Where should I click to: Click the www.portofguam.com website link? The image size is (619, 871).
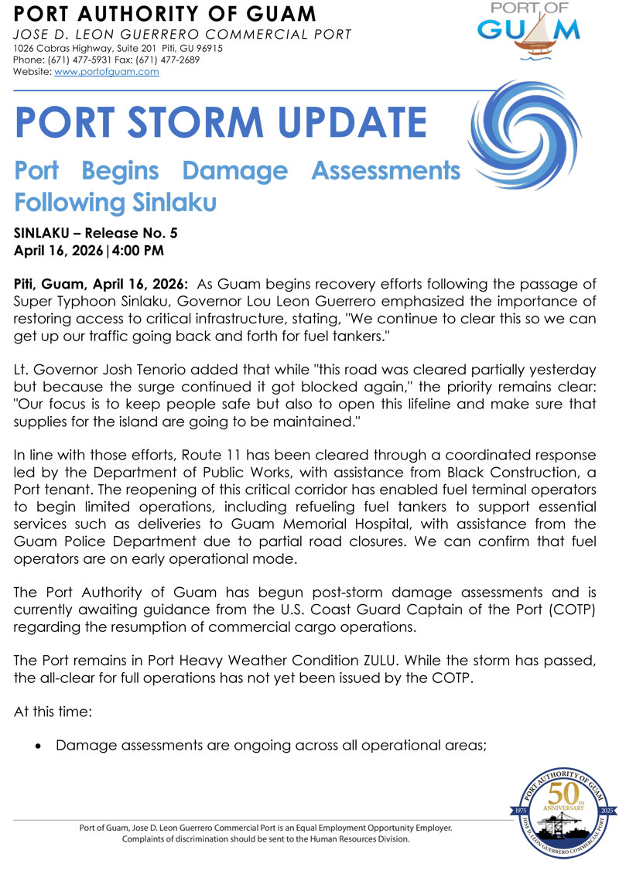(x=107, y=71)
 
